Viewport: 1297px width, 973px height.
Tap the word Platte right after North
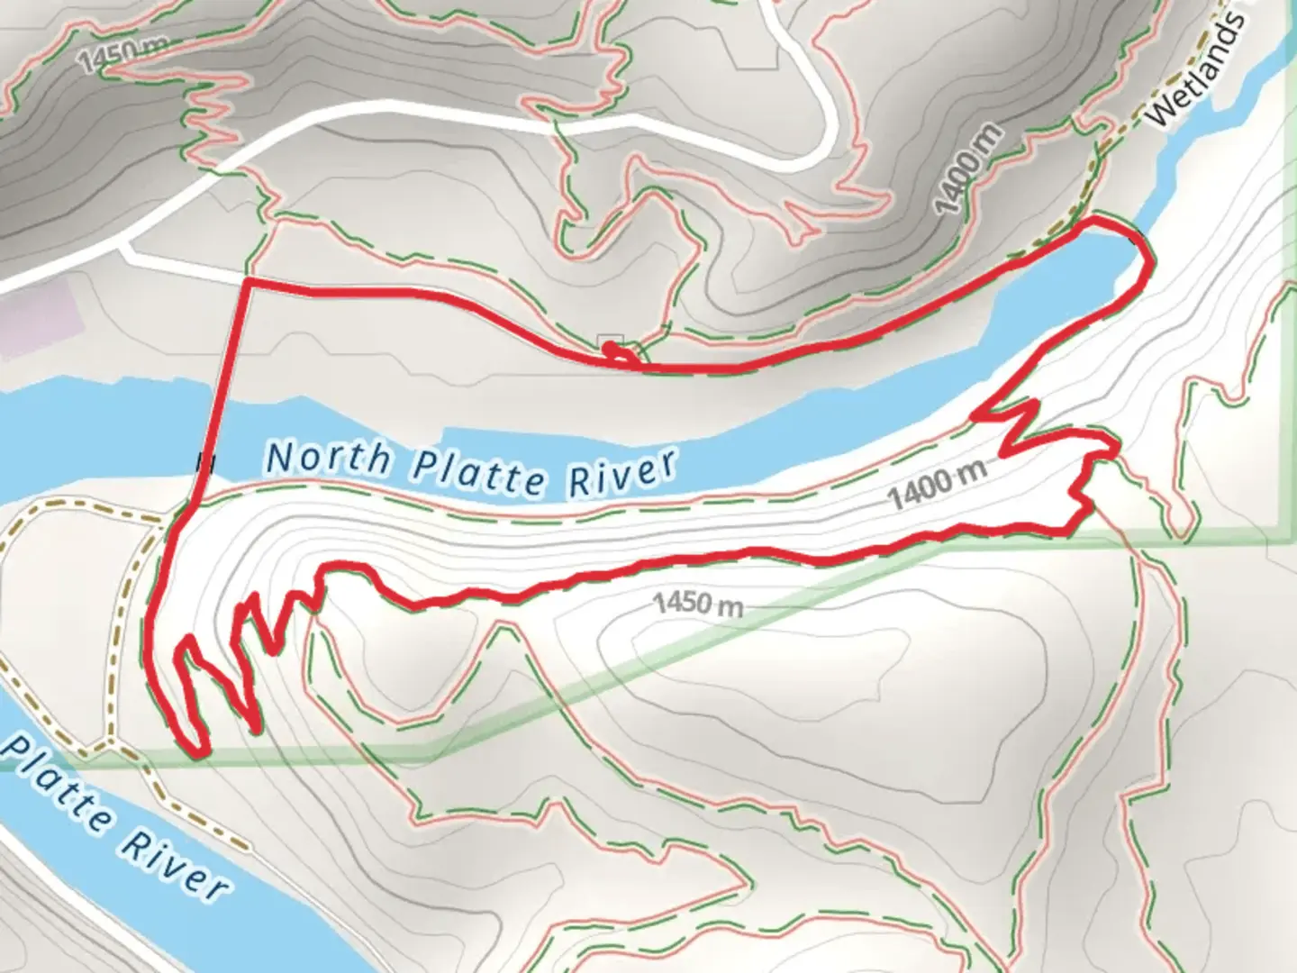click(x=477, y=470)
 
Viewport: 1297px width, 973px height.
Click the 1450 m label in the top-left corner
click(x=112, y=57)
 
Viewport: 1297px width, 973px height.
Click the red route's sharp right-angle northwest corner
click(x=246, y=283)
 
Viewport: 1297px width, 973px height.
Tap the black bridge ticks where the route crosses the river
click(x=204, y=463)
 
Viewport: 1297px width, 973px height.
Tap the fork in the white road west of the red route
click(x=126, y=244)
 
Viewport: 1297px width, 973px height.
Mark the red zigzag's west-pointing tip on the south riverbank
click(x=975, y=415)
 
